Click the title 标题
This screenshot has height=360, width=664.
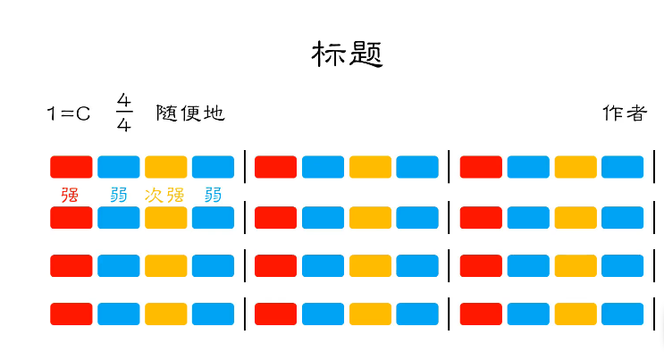(347, 54)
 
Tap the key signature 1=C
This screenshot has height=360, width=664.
(69, 113)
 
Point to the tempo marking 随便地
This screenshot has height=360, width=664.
(189, 113)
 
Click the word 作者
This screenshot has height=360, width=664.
(624, 113)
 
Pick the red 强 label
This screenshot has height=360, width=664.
(70, 194)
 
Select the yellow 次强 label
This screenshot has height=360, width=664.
(164, 194)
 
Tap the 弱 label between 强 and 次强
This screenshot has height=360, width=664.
(118, 194)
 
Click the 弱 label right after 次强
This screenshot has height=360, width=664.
(213, 194)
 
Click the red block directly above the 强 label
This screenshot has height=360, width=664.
(71, 167)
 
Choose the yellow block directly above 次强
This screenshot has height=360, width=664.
(165, 167)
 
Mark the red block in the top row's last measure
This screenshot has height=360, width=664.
(481, 167)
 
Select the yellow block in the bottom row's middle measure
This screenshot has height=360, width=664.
(370, 314)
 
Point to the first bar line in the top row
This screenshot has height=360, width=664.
(245, 167)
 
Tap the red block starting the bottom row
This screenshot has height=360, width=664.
(71, 314)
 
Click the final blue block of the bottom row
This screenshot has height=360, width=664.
(622, 314)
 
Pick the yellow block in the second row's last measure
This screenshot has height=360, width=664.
(575, 217)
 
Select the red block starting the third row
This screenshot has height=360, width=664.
(71, 265)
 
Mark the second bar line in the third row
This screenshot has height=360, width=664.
(450, 265)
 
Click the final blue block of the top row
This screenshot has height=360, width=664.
(622, 167)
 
